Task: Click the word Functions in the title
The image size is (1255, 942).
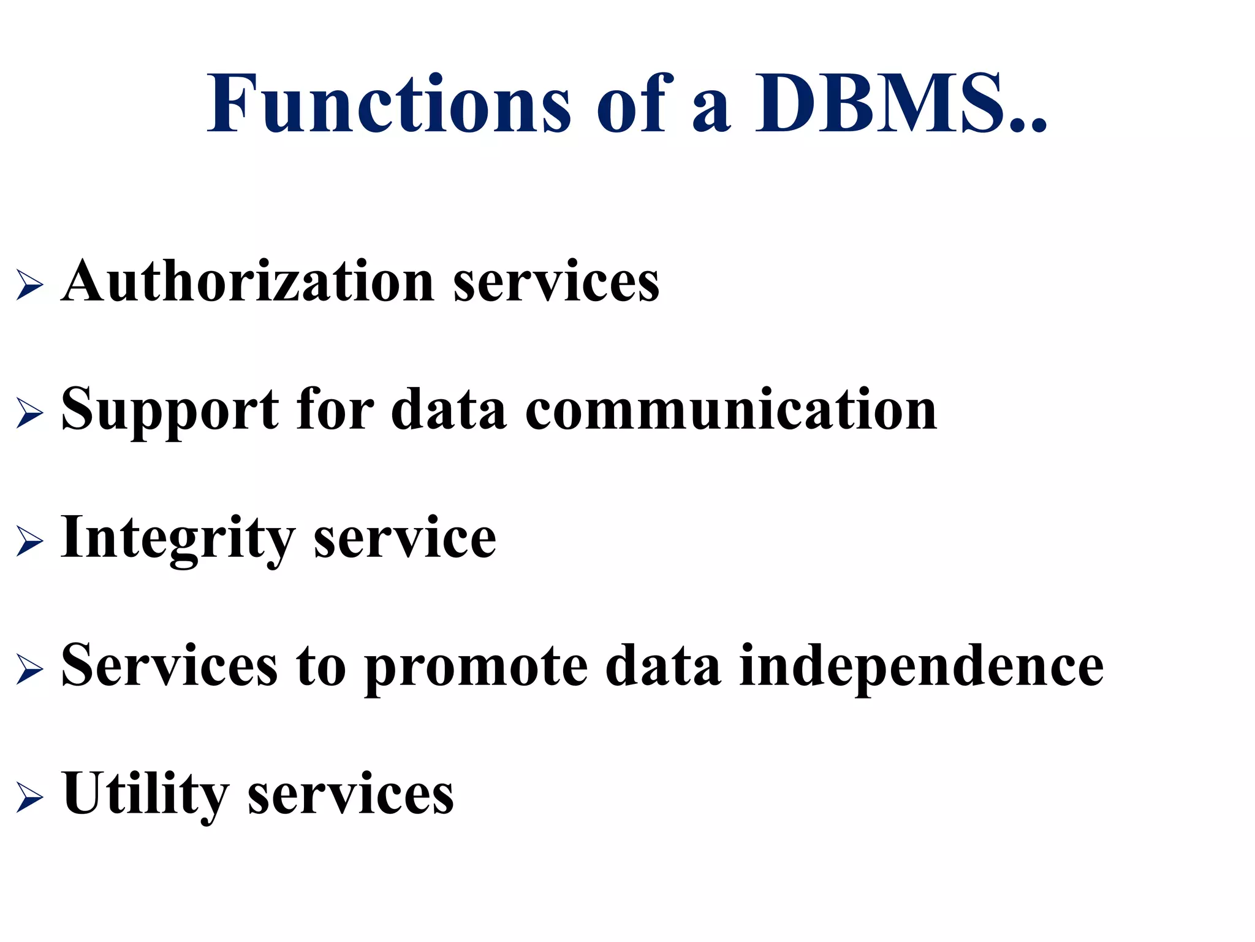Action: pos(389,104)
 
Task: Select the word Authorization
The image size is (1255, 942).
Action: pos(248,281)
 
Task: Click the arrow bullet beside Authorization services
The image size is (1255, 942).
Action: pos(29,285)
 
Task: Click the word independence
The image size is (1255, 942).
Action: pos(921,666)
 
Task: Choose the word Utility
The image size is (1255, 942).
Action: pos(146,795)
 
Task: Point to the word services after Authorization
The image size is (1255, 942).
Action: pos(556,283)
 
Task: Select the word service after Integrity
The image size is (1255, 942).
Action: pos(404,538)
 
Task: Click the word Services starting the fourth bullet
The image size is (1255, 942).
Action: pos(169,666)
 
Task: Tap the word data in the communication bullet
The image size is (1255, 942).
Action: pos(449,410)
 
